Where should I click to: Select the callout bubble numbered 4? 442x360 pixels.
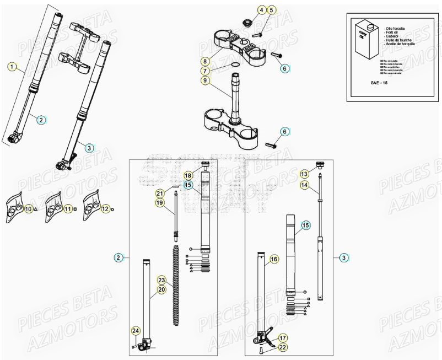click(262, 10)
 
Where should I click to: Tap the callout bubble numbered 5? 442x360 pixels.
click(272, 10)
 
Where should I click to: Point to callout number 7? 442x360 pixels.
click(204, 71)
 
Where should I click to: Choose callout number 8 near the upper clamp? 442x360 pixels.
click(204, 61)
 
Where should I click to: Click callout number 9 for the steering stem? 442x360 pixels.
click(204, 81)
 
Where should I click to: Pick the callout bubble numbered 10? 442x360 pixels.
click(29, 209)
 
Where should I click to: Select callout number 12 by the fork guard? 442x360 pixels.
click(105, 209)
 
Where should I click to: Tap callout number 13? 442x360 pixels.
click(304, 174)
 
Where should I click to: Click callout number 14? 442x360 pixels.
click(304, 186)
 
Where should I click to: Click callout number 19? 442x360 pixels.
click(160, 203)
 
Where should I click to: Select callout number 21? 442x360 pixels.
click(160, 193)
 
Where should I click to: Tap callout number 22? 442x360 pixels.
click(282, 347)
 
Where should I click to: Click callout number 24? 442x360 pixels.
click(135, 331)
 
